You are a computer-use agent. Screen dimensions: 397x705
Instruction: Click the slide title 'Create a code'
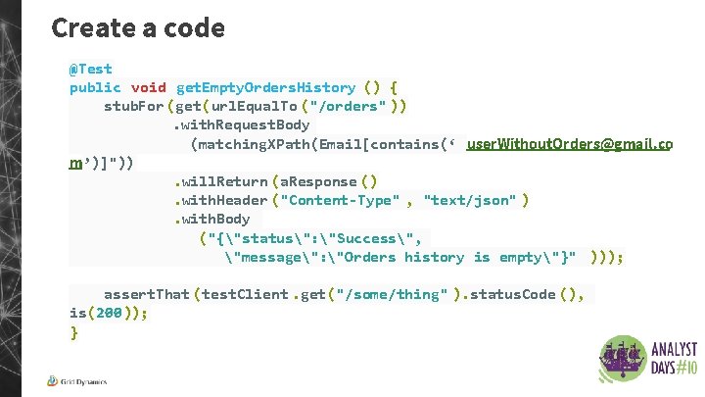[x=138, y=27]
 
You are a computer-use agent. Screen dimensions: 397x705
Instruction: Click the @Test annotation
[x=90, y=69]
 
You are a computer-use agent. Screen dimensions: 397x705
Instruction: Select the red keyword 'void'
[x=149, y=87]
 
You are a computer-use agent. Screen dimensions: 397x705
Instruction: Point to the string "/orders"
[x=352, y=106]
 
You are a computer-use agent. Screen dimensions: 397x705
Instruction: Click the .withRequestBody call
[x=241, y=124]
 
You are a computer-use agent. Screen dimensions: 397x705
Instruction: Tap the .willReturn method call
[x=220, y=181]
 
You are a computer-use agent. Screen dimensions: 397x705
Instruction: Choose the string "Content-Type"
[x=340, y=200]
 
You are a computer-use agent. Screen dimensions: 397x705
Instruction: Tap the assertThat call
[x=147, y=294]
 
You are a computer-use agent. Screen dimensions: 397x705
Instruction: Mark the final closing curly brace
[x=73, y=332]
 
